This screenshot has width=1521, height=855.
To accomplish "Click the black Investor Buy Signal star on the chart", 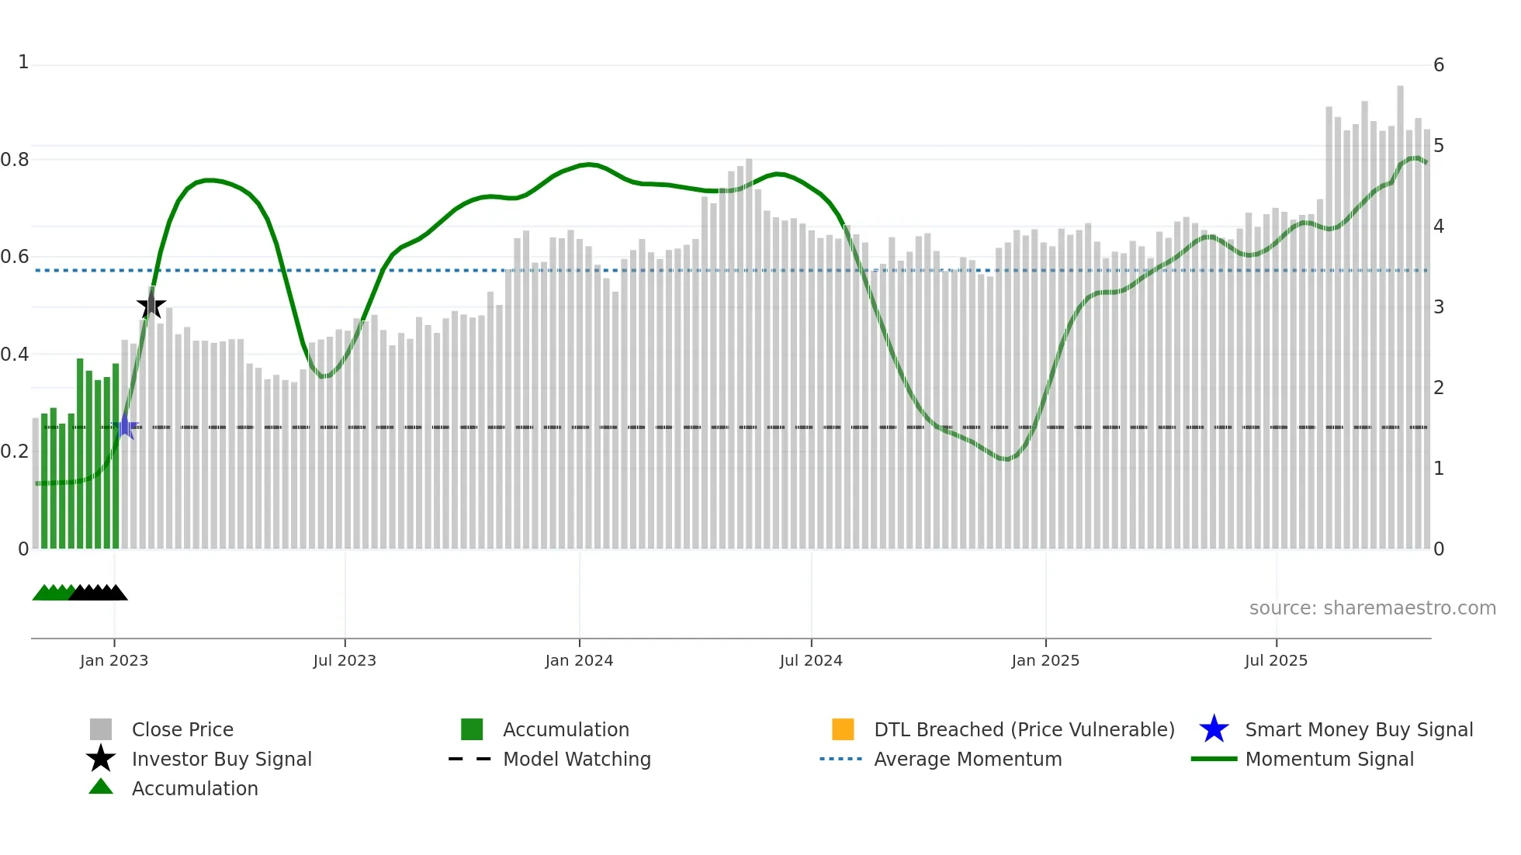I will [x=151, y=306].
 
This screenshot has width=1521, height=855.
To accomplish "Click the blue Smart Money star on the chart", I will [x=125, y=426].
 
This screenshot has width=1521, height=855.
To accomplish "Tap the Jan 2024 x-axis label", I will [x=579, y=660].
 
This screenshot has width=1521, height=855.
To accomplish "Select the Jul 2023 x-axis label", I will [x=345, y=660].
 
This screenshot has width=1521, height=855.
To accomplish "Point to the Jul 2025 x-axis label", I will [x=1276, y=660].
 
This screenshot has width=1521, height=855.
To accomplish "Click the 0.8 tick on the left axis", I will [x=16, y=160].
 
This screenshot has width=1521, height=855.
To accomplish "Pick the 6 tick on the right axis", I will [x=1439, y=65].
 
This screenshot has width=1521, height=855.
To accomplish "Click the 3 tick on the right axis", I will [x=1439, y=307].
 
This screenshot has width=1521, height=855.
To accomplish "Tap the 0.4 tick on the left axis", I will [x=16, y=355].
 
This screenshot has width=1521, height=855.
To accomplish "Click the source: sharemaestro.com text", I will [x=1372, y=608].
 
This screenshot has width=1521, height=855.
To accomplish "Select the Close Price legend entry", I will [x=182, y=729].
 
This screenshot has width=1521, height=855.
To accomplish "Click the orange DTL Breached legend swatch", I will [x=843, y=729].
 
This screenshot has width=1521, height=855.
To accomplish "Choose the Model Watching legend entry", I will [x=576, y=759].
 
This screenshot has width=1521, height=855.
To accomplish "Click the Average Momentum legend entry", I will [x=967, y=759].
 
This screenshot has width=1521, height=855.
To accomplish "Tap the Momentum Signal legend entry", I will [x=1329, y=759].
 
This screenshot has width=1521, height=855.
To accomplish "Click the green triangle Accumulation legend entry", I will [x=194, y=788].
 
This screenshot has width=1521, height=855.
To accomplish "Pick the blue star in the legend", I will [x=1214, y=729].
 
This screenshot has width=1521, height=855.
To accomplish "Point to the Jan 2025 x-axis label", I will [x=1045, y=660].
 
